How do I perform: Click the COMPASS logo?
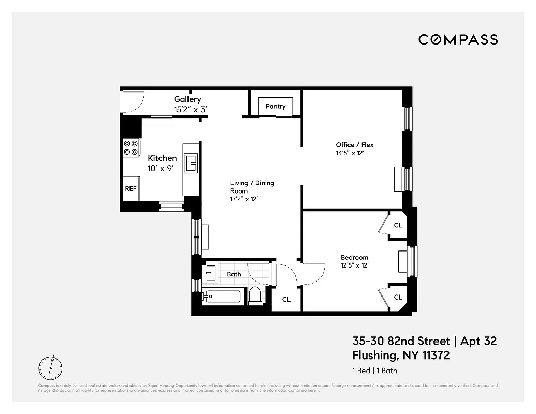(458, 39)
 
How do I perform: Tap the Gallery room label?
(187, 99)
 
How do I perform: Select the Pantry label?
(276, 106)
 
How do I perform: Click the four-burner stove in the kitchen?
(131, 147)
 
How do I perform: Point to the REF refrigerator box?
(131, 189)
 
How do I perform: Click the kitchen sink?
(191, 164)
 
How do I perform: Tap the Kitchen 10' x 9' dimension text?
(162, 168)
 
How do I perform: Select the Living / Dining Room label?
(252, 186)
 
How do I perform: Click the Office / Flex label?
(354, 145)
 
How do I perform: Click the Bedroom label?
(354, 257)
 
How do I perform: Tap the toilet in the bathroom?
(255, 295)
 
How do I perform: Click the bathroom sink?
(211, 272)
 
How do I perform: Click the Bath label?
(234, 274)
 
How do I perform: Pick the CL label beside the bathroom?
(286, 299)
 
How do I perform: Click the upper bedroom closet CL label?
(398, 225)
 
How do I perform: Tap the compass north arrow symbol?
(50, 368)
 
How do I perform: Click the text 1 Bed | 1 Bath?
(375, 371)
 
